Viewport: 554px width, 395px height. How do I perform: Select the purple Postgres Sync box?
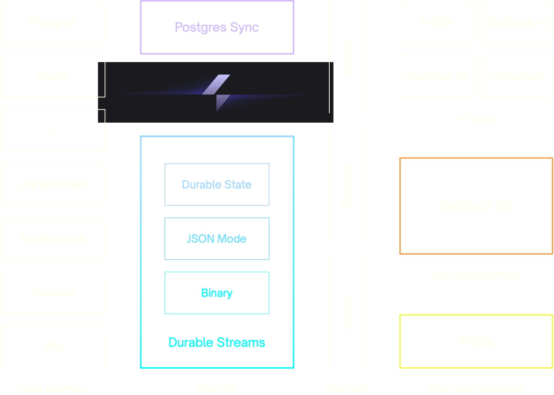pos(217,27)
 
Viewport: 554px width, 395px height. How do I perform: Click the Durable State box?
pos(217,185)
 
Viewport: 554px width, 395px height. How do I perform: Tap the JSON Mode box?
pos(217,239)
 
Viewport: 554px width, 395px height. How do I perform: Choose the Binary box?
pos(217,293)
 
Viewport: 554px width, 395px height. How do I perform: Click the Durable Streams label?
pos(217,343)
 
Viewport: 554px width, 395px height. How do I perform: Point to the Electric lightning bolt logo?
pos(216,93)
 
